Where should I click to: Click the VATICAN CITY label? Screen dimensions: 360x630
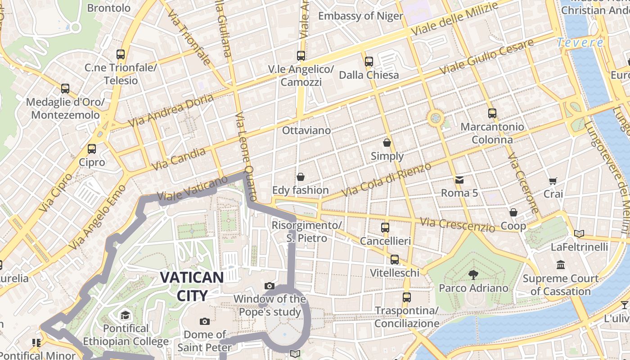coord(192,286)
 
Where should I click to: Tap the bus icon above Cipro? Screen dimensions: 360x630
coord(92,148)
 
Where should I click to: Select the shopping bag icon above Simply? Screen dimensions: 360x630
coord(387,143)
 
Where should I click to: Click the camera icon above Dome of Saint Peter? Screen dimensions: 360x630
coord(205,321)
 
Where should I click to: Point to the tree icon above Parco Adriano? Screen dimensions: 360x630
coord(473,274)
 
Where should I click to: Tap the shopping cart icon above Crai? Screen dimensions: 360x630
coord(553,181)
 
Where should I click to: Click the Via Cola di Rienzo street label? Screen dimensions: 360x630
coord(386,180)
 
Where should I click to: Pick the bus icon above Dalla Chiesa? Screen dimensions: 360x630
coord(369,61)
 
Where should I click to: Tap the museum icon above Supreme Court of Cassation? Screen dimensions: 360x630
coord(560,265)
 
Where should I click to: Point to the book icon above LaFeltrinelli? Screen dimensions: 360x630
coord(579,234)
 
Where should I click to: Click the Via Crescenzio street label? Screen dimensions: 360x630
coord(457,225)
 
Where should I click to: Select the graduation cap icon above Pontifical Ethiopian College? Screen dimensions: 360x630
coord(125,315)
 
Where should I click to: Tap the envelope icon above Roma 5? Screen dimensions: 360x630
coord(459,180)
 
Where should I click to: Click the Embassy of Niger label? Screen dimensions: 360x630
coord(360,16)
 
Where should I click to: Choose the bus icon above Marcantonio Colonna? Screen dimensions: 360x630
coord(492,113)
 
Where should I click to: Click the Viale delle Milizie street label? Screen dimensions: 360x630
coord(455,19)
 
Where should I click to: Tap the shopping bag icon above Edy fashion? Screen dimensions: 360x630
coord(300,177)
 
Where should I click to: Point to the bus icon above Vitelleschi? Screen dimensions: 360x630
coord(395,259)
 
